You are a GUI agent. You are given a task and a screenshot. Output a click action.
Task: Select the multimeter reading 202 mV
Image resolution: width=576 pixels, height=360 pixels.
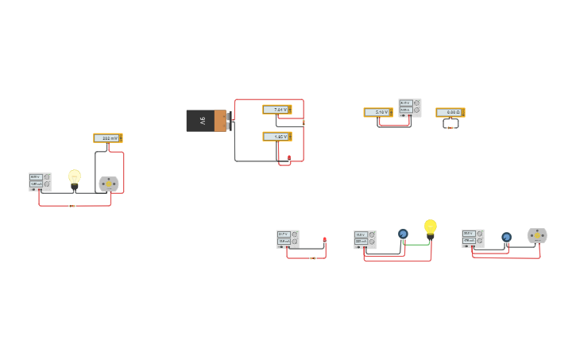coord(107,138)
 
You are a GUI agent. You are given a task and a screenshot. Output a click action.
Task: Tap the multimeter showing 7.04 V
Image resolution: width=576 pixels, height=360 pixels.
coord(276,110)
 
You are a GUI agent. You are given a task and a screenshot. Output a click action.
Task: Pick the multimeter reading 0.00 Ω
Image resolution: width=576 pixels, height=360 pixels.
coord(450,113)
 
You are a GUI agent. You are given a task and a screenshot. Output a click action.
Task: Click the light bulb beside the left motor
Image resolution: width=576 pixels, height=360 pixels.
coord(74,179)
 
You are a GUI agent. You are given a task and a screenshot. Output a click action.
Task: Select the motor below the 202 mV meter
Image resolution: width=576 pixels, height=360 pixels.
coord(109,184)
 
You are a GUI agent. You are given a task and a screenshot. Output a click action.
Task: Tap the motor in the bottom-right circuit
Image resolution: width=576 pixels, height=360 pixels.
coord(537,235)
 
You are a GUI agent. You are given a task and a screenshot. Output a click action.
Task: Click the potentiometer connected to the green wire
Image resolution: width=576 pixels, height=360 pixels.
coord(403,234)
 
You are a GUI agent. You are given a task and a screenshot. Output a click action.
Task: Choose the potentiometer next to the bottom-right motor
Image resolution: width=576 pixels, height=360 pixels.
coord(506,237)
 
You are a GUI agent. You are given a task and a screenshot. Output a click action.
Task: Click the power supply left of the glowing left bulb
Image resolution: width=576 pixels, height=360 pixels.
coord(40,182)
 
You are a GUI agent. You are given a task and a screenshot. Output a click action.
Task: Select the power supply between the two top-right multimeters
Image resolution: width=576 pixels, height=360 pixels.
coord(410,107)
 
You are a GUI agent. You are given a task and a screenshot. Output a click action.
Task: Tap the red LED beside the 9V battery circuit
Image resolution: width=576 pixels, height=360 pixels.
coord(289,158)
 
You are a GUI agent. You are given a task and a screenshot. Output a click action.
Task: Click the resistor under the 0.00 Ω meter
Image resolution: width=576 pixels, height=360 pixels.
coord(450,127)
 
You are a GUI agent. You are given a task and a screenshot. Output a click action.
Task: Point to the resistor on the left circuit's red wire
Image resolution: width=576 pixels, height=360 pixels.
coord(72,206)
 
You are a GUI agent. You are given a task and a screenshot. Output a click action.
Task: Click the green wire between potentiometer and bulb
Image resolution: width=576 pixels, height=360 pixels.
coord(416,244)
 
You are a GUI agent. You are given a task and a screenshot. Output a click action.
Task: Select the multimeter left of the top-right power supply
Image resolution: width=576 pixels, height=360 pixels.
coord(378,113)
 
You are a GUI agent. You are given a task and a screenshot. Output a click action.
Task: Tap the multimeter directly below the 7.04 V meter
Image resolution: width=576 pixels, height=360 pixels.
coord(276,137)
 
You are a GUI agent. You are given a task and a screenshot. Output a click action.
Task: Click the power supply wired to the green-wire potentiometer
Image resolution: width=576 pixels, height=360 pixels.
coord(365,239)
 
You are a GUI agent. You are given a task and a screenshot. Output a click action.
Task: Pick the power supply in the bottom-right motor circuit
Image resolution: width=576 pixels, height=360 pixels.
coord(473,238)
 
